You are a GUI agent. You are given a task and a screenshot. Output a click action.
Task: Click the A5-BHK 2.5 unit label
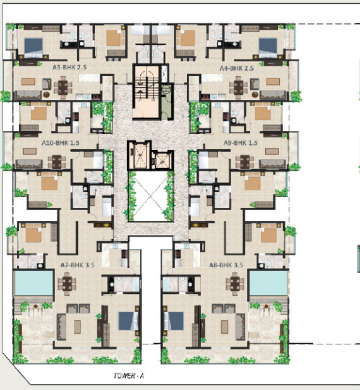(69, 68)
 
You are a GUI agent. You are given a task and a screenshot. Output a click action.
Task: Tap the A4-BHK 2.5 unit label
(236, 68)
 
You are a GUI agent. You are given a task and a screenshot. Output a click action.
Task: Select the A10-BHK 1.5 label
(61, 143)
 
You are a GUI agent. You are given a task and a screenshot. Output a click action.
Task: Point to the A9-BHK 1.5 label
(241, 143)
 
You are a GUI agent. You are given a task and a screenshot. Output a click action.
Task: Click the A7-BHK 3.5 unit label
(78, 265)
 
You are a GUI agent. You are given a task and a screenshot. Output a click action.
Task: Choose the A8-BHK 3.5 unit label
(226, 265)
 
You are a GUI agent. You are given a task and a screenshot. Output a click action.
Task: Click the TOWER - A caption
(129, 375)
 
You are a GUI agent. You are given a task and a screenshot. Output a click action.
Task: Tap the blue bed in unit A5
(33, 47)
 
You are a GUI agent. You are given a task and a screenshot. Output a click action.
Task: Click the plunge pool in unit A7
(33, 283)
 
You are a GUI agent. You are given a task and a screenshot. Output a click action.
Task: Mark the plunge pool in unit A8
(268, 283)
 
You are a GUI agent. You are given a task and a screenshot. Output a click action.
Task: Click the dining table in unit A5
(63, 87)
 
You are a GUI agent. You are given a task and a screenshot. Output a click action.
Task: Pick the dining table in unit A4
(239, 87)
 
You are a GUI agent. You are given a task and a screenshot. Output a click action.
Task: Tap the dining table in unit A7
(67, 284)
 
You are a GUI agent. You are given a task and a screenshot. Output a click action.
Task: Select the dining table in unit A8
(235, 284)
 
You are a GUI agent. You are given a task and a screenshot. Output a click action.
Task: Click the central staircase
(146, 92)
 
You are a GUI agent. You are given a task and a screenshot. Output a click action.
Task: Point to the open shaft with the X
(151, 196)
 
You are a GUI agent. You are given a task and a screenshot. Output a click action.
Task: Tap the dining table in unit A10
(57, 161)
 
